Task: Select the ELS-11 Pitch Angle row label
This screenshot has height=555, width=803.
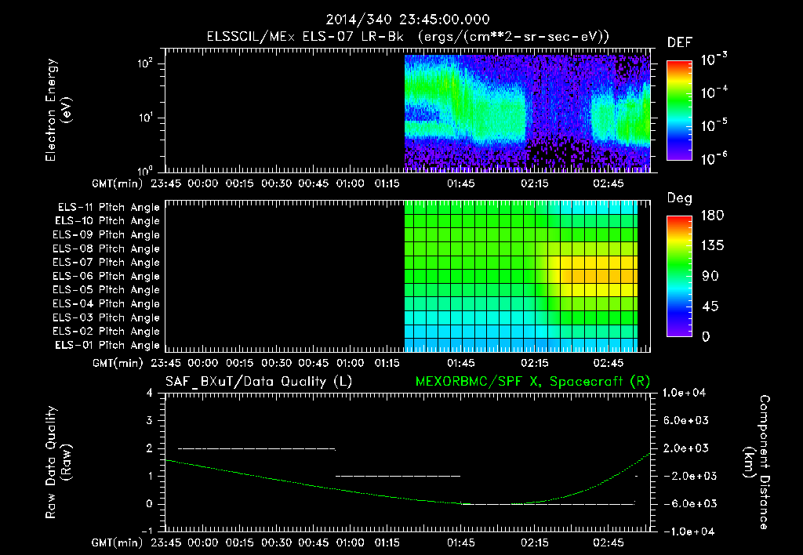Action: pyautogui.click(x=108, y=207)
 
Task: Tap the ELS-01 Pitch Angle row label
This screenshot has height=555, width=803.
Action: pyautogui.click(x=107, y=345)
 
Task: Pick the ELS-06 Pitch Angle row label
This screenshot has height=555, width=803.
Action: pyautogui.click(x=107, y=276)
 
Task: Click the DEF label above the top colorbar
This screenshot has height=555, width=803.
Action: pyautogui.click(x=679, y=42)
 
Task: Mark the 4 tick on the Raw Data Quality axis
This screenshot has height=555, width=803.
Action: pyautogui.click(x=149, y=393)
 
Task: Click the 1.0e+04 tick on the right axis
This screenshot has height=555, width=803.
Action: pyautogui.click(x=687, y=393)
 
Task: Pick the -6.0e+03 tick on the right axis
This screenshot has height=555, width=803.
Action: pyautogui.click(x=687, y=503)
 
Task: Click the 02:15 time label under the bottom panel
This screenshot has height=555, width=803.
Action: pyautogui.click(x=536, y=542)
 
